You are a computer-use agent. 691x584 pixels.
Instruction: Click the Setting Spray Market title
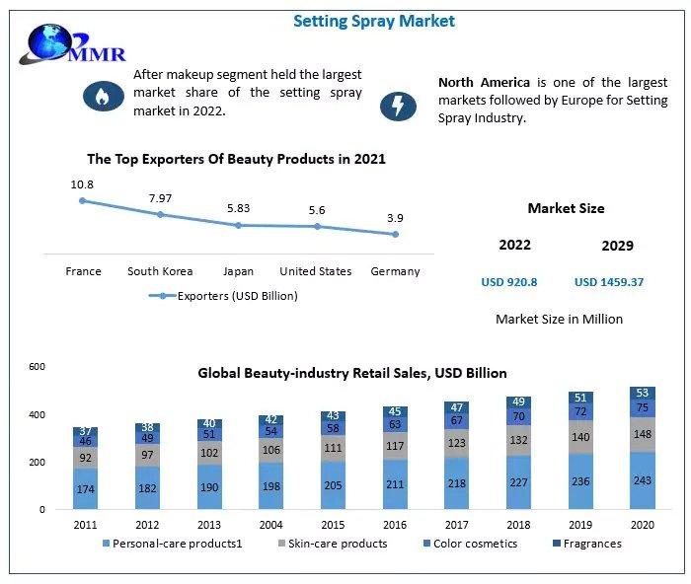click(x=374, y=21)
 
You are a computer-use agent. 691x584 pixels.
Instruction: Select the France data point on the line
click(x=83, y=200)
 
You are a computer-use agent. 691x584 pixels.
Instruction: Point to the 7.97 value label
click(x=160, y=198)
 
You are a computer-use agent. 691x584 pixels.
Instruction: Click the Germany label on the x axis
click(x=395, y=271)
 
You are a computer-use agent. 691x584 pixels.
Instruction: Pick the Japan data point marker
click(x=238, y=225)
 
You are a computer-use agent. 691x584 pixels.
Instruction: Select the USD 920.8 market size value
click(x=509, y=282)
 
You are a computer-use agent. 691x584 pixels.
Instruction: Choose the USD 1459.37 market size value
click(x=609, y=282)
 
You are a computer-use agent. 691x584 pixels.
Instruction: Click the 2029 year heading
click(x=617, y=246)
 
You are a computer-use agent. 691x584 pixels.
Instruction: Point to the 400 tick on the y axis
click(x=38, y=415)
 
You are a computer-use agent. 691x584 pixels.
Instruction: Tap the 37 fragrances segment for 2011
click(x=86, y=431)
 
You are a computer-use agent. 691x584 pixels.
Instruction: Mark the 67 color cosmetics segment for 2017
click(x=457, y=420)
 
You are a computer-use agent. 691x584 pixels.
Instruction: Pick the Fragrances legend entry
click(x=586, y=544)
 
